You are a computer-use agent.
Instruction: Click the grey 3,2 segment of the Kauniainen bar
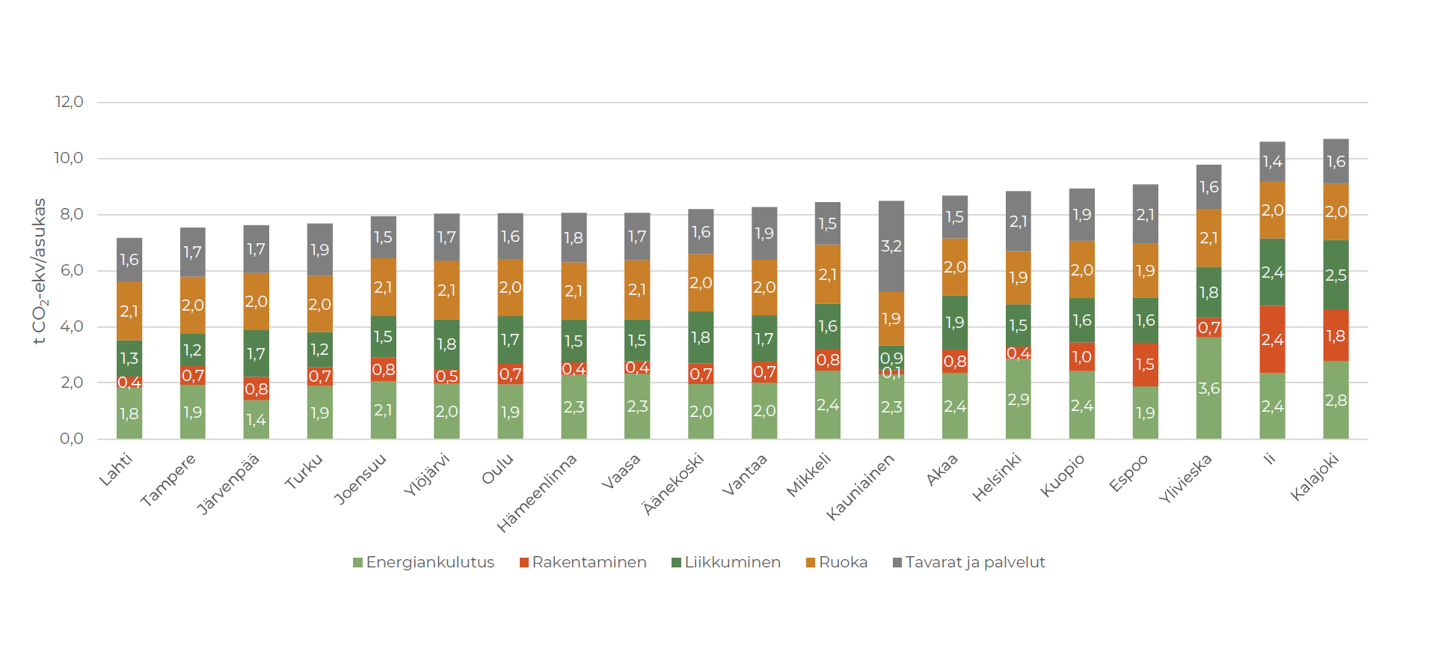pos(891,246)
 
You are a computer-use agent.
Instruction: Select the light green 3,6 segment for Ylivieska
pos(1208,388)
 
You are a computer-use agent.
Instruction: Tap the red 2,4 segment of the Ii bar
pos(1272,340)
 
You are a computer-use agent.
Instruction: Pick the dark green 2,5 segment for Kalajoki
pos(1336,275)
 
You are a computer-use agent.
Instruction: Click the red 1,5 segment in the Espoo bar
pos(1145,365)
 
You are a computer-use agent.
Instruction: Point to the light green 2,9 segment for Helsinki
pos(1018,399)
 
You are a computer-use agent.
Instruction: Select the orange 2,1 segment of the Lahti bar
pos(129,311)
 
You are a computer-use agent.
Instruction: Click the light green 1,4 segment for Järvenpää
pos(256,419)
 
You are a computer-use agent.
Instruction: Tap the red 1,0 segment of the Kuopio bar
pos(1081,357)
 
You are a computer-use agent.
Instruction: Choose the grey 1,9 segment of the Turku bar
pos(319,250)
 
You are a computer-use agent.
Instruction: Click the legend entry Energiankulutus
pos(423,562)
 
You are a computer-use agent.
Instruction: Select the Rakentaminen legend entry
pos(583,562)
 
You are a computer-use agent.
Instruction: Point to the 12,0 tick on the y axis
pos(70,102)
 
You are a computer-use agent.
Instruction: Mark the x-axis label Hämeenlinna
pos(538,493)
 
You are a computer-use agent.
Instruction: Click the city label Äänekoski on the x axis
pos(674,484)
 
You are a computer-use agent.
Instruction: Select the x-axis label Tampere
pos(168,480)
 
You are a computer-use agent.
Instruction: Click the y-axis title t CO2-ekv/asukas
pos(40,271)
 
